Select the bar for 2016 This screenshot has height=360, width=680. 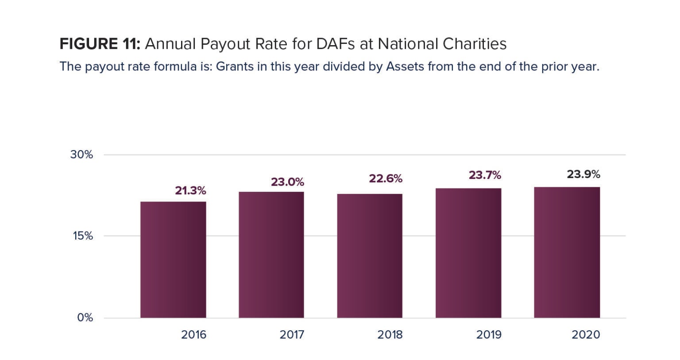[173, 260]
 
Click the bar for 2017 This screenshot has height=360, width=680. [271, 255]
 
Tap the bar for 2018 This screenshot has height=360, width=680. [370, 256]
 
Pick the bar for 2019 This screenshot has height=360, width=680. [468, 253]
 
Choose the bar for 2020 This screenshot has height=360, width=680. [567, 252]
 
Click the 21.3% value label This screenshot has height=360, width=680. [190, 191]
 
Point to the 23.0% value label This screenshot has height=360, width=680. [287, 182]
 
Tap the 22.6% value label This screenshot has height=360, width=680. [386, 178]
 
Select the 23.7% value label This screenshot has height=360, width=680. [485, 175]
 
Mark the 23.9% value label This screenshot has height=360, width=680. [583, 174]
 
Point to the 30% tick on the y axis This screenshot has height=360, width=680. [81, 155]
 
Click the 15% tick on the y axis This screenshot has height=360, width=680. [83, 236]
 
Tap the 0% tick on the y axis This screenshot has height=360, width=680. [85, 317]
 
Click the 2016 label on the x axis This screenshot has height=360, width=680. [193, 335]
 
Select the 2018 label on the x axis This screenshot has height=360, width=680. [390, 335]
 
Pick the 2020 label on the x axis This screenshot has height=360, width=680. [586, 335]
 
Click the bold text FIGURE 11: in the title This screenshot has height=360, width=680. [100, 44]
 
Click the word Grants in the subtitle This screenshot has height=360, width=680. [235, 67]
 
